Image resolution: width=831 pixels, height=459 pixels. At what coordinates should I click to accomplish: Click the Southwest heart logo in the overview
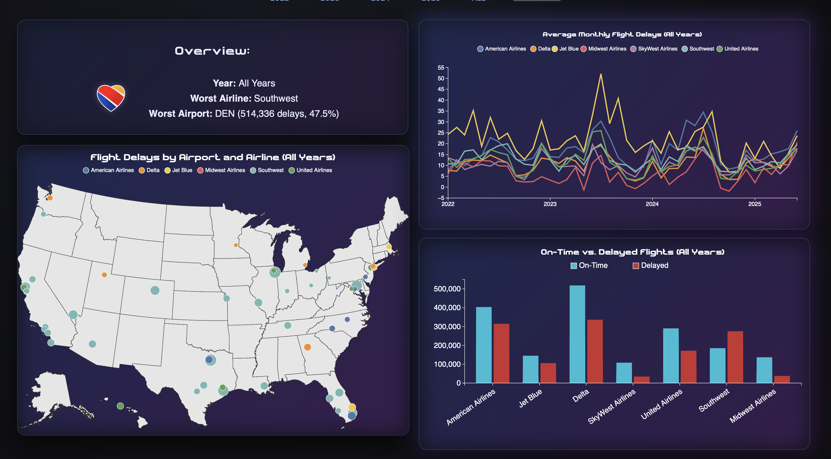click(x=111, y=98)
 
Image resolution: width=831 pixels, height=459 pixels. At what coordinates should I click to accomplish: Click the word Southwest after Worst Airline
click(x=276, y=98)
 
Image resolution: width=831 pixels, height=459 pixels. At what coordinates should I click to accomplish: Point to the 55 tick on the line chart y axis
click(x=441, y=68)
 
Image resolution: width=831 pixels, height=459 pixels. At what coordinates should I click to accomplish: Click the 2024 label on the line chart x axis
click(x=652, y=204)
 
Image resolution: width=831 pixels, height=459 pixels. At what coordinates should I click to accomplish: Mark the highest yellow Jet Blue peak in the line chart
click(x=601, y=75)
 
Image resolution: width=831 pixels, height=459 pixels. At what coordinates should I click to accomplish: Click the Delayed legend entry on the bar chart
click(x=650, y=265)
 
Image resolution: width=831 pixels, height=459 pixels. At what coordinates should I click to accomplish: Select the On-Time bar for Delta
click(x=577, y=334)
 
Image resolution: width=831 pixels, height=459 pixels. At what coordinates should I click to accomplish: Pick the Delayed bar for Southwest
click(x=735, y=357)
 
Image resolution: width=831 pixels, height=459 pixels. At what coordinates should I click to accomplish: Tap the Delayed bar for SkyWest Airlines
click(x=641, y=379)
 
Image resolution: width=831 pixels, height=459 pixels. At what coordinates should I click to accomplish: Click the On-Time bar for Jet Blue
click(x=530, y=369)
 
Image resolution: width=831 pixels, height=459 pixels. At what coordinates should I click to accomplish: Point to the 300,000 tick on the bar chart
click(x=447, y=327)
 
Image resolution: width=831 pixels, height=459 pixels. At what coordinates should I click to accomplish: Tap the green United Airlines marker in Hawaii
click(x=120, y=406)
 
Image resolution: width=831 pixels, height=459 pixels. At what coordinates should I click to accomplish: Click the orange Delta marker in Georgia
click(x=308, y=347)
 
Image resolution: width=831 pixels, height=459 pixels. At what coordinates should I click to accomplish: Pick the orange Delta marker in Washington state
click(x=50, y=198)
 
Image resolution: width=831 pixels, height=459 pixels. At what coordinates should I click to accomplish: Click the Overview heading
click(x=212, y=51)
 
